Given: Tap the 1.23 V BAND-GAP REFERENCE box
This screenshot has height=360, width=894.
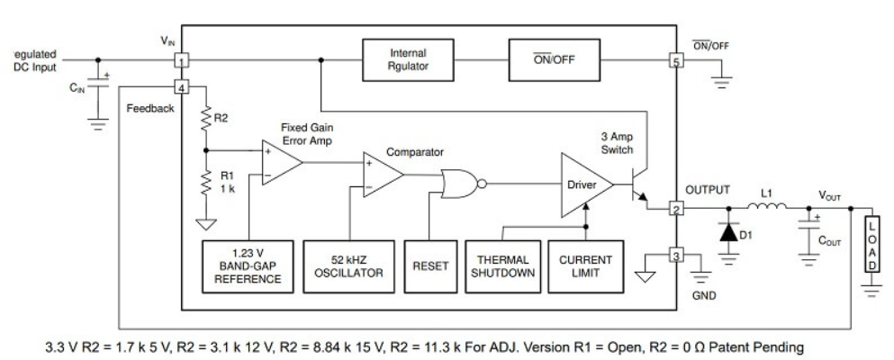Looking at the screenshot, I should click(x=248, y=264).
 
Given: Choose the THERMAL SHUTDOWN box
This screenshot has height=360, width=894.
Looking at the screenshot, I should click(x=501, y=264).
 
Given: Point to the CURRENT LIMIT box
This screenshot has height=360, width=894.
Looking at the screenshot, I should click(x=585, y=264).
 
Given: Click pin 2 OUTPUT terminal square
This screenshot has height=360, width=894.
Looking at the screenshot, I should click(x=674, y=210).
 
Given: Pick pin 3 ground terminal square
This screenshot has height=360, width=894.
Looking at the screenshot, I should click(x=674, y=257).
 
